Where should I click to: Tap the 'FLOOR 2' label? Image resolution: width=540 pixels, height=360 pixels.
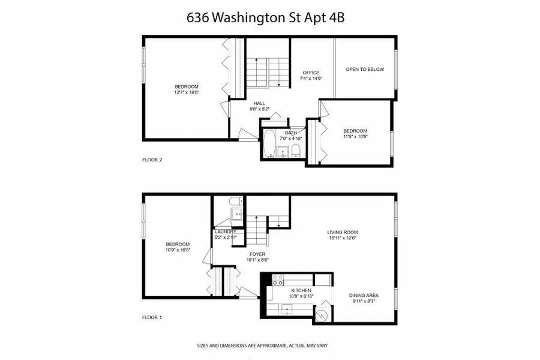pos(152,160)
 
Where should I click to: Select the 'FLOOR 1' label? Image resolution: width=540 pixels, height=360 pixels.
pos(152,317)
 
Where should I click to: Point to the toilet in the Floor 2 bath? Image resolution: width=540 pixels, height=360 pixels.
pos(296,149)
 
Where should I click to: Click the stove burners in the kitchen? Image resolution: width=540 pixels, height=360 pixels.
pos(278,279)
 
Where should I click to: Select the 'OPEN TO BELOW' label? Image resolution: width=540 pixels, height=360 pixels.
pos(364,70)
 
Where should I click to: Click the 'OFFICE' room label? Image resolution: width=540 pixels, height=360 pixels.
pos(311,73)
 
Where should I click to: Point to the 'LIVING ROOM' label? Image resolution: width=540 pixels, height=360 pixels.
pos(342,232)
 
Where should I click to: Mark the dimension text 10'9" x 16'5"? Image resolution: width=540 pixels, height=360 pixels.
pos(178,251)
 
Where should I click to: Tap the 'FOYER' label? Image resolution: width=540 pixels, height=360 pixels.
pos(257,254)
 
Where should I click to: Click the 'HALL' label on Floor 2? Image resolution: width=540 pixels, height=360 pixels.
pos(259,103)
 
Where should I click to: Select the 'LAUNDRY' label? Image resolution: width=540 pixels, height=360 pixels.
pos(226,232)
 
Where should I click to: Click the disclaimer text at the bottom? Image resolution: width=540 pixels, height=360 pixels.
pos(262,346)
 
